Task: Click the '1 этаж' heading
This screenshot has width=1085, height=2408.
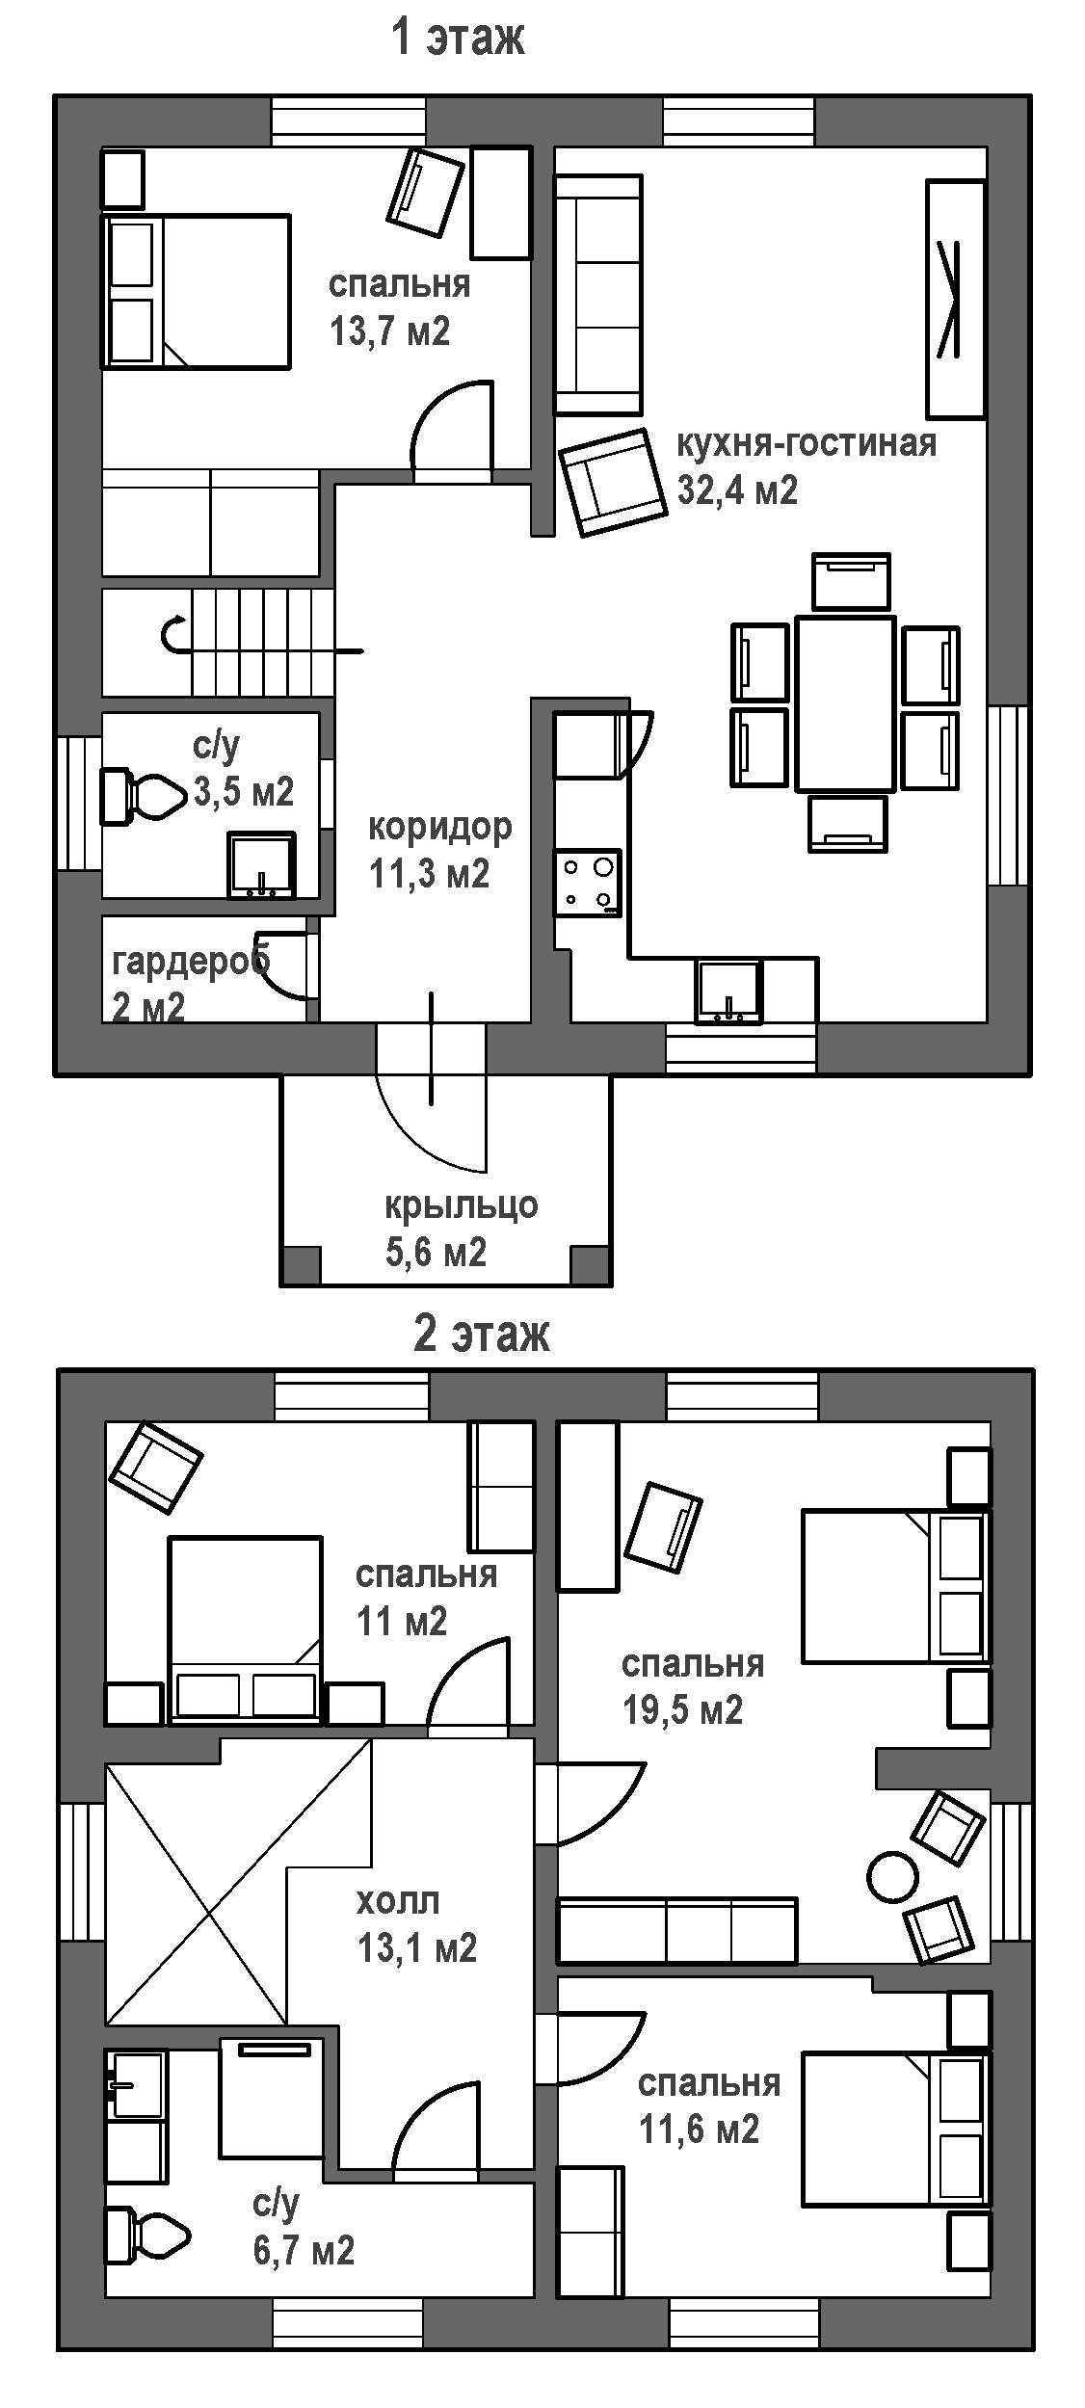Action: [458, 40]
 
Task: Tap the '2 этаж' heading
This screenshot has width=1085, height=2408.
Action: [482, 1335]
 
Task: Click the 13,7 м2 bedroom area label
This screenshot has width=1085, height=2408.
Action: [389, 332]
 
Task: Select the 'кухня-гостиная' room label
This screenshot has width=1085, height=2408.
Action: [807, 443]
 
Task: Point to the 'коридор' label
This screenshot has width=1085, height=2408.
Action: [440, 827]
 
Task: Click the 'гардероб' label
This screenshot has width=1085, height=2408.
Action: [191, 962]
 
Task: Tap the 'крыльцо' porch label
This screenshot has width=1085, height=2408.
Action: [462, 1206]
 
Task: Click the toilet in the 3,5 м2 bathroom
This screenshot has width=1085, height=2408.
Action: [144, 796]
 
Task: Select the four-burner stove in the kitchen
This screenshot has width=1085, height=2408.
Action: [587, 883]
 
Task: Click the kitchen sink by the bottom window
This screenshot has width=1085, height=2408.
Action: [729, 990]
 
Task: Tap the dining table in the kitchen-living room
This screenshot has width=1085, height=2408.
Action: [846, 703]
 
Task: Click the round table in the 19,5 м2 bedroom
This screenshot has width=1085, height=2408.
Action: [893, 1877]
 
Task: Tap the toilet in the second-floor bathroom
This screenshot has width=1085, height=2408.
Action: [146, 2232]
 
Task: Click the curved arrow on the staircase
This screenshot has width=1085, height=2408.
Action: [175, 634]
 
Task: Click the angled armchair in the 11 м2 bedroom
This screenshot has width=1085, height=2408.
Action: [156, 1468]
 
